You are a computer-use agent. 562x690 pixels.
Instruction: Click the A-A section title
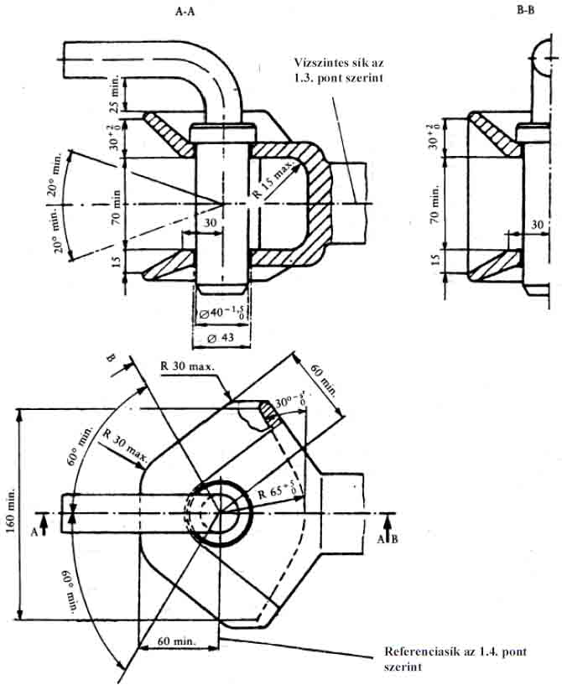click(x=185, y=11)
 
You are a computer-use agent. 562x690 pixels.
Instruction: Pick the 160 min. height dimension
click(x=9, y=512)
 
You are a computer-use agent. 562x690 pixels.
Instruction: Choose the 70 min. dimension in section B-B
click(x=435, y=203)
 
